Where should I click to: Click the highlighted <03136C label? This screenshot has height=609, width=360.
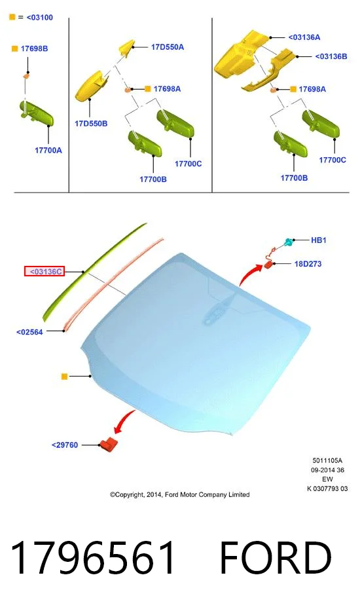point(45,272)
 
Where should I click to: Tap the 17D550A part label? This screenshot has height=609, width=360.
point(168,47)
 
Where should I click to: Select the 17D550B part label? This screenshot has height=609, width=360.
point(91,124)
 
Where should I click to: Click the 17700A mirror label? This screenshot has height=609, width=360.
point(48,151)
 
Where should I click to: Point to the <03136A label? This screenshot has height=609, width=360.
point(304,37)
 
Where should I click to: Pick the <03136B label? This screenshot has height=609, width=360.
point(331,56)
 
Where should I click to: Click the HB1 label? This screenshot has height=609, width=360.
point(319,240)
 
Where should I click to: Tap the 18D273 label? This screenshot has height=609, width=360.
point(308,264)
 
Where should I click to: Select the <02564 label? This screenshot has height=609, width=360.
point(29,332)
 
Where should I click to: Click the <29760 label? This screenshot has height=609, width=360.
point(65,445)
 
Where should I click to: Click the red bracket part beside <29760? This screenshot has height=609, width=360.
point(109,445)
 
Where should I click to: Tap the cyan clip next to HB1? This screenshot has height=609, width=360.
point(289,242)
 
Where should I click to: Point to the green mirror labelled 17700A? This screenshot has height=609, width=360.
point(36,113)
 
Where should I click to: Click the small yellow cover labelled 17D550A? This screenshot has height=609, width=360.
point(127,47)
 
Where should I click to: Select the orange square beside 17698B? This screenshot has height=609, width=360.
point(15,48)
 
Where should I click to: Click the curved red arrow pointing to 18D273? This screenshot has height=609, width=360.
point(249,274)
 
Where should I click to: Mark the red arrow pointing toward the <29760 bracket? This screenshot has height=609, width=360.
point(124,422)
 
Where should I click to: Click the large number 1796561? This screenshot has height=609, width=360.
point(92,558)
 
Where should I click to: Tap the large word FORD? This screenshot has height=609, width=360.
point(276,558)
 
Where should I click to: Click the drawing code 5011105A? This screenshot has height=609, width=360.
point(327,460)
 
